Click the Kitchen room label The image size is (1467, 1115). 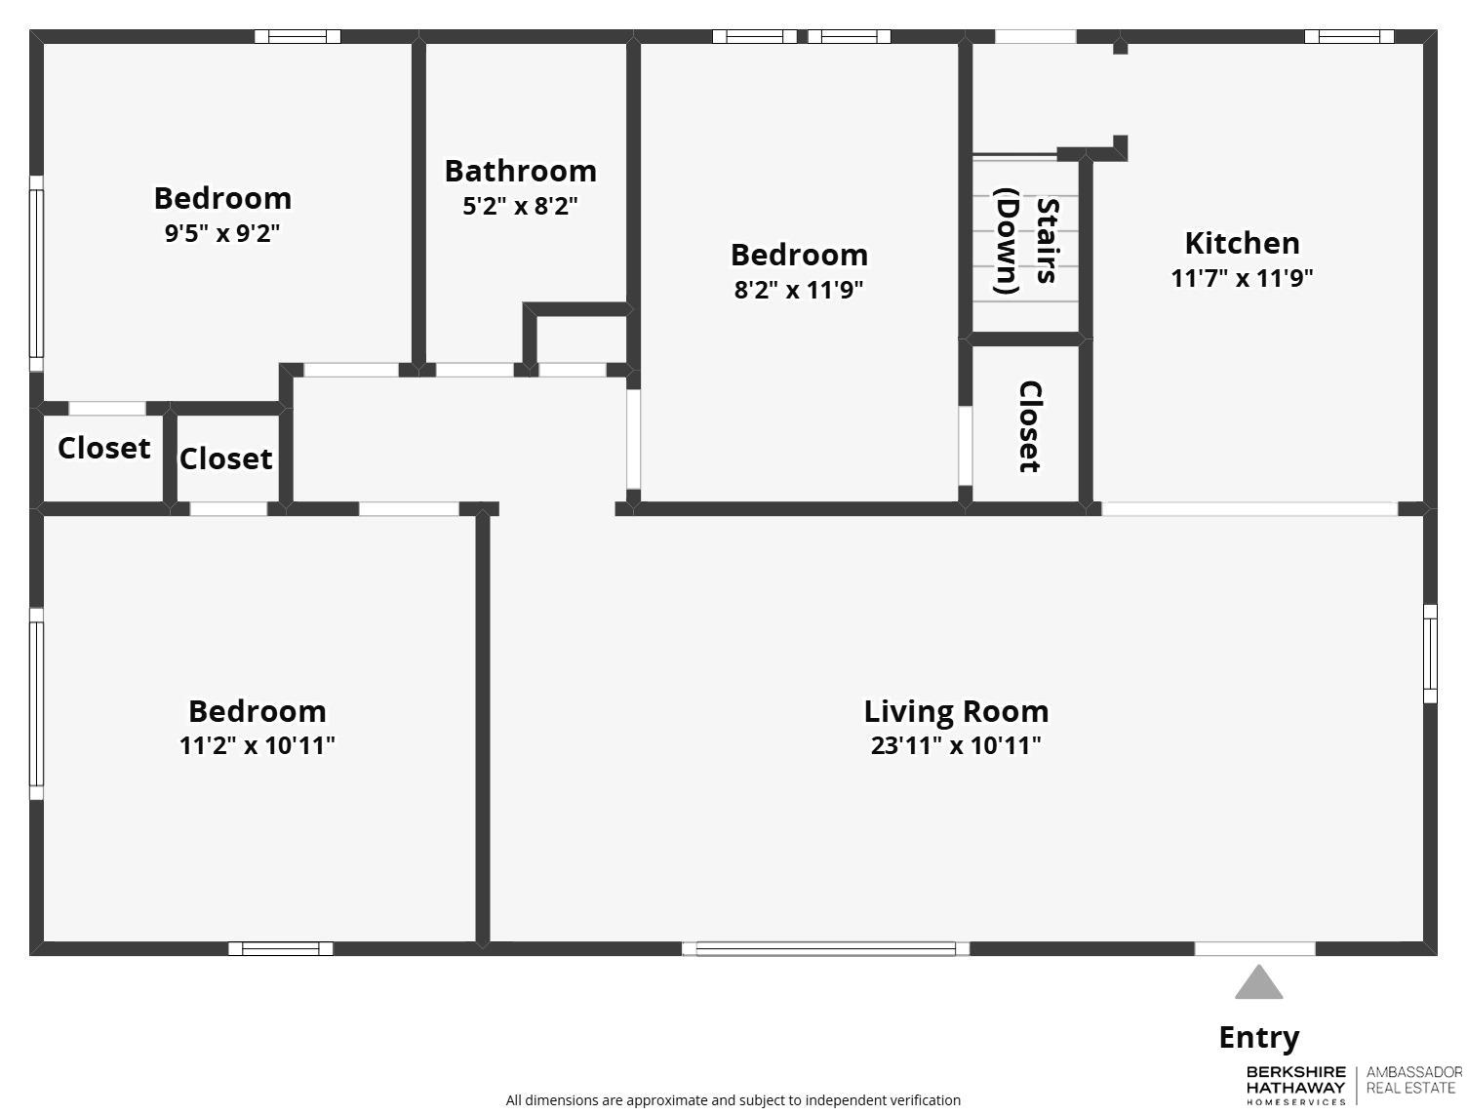click(1241, 243)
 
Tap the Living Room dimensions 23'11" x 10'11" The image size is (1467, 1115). click(955, 746)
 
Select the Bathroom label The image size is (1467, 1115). click(520, 171)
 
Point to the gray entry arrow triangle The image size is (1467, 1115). click(1258, 984)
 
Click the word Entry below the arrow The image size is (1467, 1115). click(1258, 1038)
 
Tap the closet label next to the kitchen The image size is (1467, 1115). click(1029, 426)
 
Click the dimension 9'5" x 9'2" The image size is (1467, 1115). click(222, 234)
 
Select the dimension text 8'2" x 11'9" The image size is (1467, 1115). click(799, 290)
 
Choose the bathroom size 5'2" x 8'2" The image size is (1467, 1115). click(520, 207)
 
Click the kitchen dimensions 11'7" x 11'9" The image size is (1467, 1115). click(1241, 278)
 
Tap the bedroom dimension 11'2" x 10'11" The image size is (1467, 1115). click(257, 746)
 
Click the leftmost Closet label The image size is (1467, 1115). click(103, 449)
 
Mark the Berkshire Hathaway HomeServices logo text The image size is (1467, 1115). click(1295, 1085)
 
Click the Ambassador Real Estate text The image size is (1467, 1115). click(1413, 1080)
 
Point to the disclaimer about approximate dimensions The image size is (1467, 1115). click(733, 1100)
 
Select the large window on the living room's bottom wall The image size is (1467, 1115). click(825, 948)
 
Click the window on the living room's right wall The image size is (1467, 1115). click(1430, 653)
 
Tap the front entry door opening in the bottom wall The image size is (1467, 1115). click(1254, 948)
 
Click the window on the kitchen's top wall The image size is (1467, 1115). click(1349, 36)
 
